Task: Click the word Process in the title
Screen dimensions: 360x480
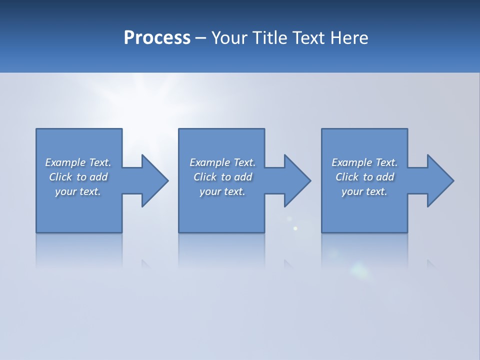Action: point(157,38)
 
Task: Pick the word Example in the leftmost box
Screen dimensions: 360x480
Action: point(65,162)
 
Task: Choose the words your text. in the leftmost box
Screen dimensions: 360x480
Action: point(78,191)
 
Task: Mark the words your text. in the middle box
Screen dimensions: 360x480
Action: point(222,191)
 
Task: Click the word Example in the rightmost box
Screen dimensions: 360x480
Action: point(352,162)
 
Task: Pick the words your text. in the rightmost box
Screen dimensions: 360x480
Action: point(364,191)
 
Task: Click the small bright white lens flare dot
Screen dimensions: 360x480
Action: point(295,228)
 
